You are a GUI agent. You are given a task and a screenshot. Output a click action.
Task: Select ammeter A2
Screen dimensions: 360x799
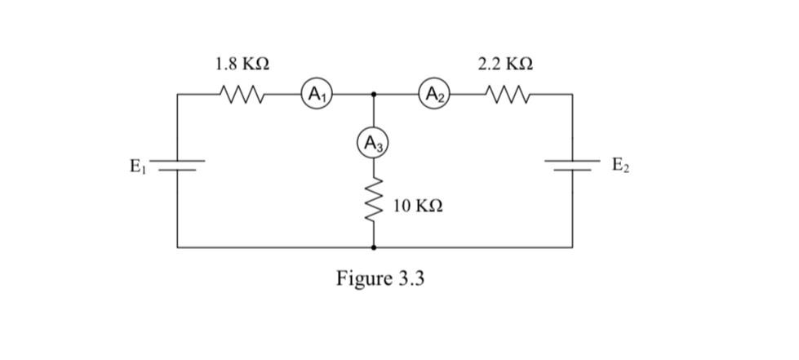433,94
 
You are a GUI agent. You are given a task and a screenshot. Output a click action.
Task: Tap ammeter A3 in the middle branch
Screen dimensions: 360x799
374,144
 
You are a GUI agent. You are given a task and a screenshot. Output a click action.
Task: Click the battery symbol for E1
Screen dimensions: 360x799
178,167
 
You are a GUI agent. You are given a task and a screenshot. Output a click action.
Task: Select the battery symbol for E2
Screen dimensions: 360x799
571,167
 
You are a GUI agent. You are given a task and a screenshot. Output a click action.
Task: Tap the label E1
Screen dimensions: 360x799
138,167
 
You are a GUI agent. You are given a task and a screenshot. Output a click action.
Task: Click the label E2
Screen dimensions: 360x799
620,167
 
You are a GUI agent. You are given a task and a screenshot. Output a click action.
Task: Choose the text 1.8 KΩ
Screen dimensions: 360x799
242,64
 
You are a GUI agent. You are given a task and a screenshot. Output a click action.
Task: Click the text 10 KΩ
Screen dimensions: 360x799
418,206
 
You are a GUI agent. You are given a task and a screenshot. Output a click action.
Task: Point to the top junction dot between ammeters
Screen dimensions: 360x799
374,94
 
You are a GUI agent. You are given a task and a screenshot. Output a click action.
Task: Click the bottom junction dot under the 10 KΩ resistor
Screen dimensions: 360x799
374,246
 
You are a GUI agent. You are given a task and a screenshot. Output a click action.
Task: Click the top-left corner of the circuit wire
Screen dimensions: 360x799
178,94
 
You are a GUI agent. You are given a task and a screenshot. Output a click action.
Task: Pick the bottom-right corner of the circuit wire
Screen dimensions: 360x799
571,246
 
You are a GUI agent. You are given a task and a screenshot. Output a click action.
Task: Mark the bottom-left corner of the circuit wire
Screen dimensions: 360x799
178,246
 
